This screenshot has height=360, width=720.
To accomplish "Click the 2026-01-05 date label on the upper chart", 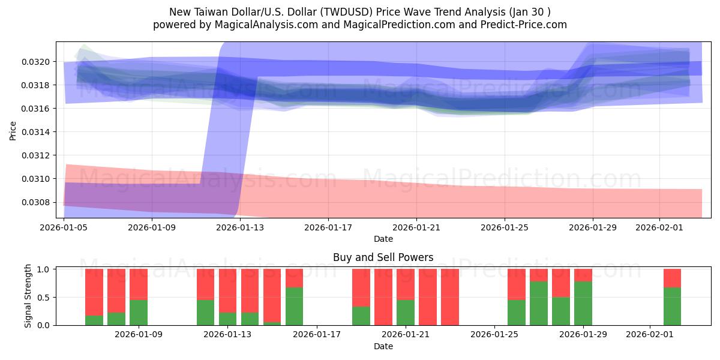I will (64, 228).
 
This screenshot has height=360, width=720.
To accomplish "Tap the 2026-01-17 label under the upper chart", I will (328, 228).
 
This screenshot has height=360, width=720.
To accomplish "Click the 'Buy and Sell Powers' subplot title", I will (383, 258).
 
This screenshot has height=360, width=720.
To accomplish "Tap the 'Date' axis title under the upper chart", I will (383, 239).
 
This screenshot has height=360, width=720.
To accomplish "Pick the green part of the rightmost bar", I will (672, 307).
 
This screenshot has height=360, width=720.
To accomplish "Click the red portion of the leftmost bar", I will (94, 292).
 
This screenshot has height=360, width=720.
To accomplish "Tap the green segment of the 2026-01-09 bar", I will (139, 313).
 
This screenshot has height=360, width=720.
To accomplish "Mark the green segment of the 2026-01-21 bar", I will (406, 313).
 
